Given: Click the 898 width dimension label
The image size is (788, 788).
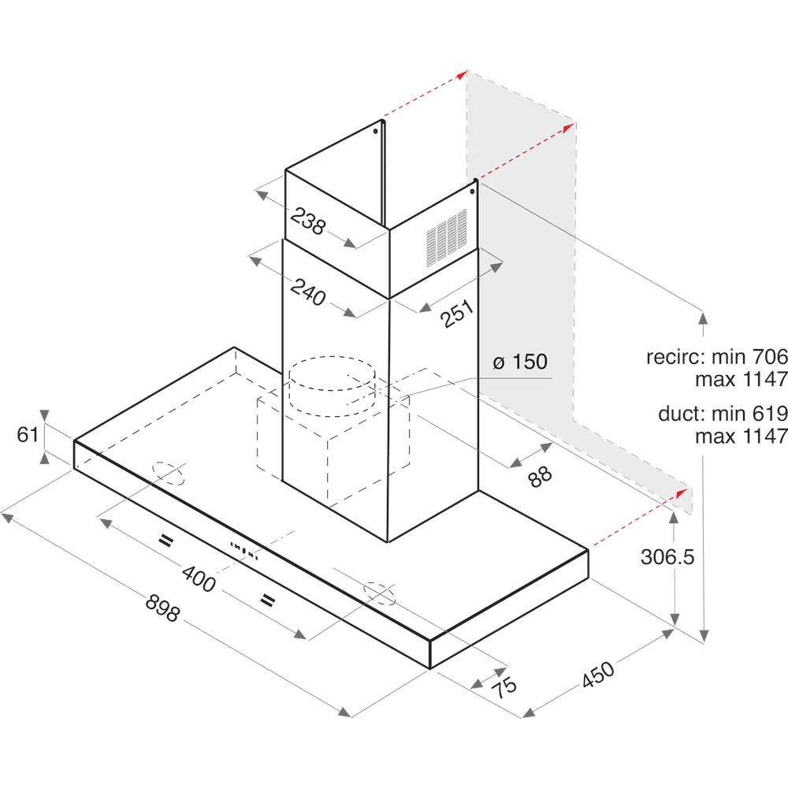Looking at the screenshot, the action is tap(162, 608).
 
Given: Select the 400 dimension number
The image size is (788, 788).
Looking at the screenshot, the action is tap(199, 578).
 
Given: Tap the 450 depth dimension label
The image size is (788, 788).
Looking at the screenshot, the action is tap(598, 675).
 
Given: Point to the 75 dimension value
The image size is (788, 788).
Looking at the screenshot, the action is tap(504, 687).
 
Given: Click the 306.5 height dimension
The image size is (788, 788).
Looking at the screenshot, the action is tap(667, 557).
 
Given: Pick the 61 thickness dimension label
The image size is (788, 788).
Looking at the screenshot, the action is tap(28, 435).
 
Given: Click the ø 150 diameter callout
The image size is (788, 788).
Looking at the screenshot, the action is tap(520, 362).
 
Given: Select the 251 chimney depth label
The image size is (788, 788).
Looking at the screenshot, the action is tap(457, 314).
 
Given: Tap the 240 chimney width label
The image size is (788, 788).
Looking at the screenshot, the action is tap(308, 292).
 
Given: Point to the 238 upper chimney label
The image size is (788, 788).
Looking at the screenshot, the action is tap(308, 221).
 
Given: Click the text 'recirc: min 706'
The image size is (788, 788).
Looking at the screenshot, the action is tap(717, 357).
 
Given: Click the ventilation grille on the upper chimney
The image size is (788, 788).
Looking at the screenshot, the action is tap(446, 238).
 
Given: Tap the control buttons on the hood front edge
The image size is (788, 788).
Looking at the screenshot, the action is tap(244, 551).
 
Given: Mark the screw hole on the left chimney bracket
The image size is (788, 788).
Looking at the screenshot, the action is tap(375, 132).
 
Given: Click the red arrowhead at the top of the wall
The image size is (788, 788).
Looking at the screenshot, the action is tap(463, 75).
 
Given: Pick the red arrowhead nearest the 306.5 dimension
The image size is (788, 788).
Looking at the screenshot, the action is tap(682, 493).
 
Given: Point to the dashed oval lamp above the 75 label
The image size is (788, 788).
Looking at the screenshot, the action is tap(380, 593).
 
